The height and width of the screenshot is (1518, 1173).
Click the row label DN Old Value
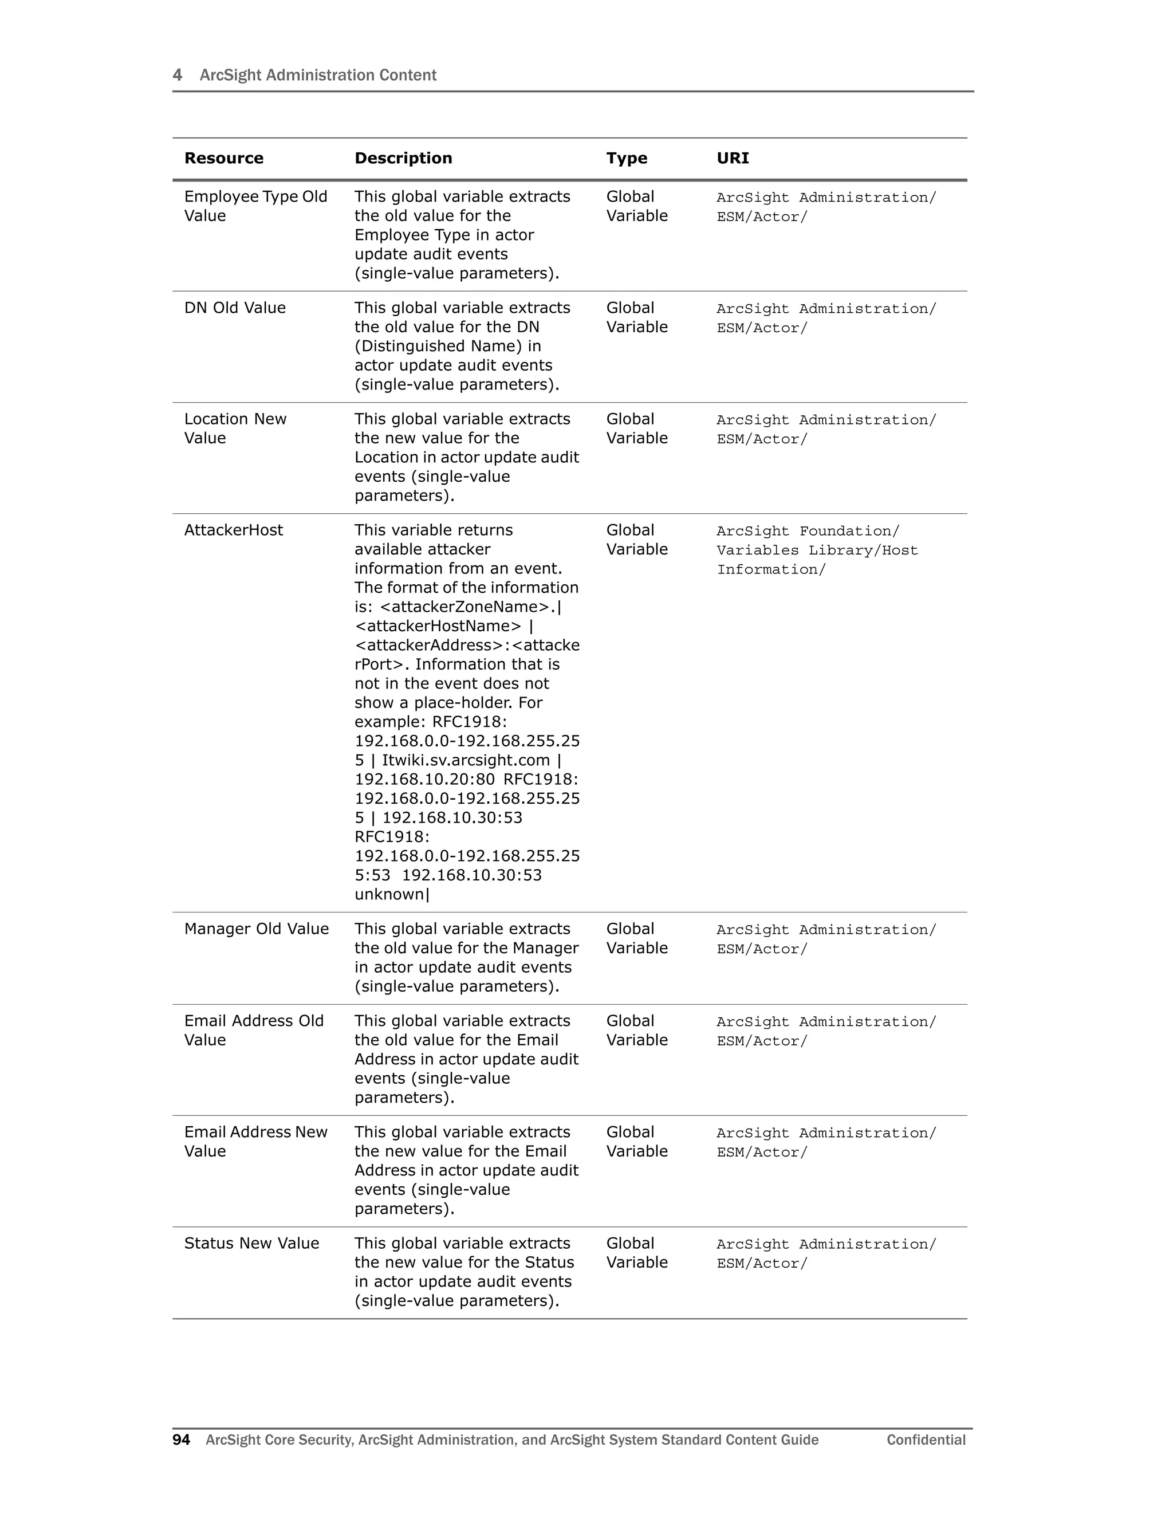coord(235,308)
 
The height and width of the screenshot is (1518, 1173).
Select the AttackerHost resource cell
coord(234,530)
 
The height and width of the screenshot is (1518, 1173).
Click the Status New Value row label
coord(251,1243)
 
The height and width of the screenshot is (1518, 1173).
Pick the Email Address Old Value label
coord(254,1030)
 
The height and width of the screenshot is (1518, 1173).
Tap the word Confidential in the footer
coord(926,1440)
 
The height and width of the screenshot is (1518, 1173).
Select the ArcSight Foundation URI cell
coord(817,550)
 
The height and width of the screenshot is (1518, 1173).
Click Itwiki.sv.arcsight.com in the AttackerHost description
coord(466,760)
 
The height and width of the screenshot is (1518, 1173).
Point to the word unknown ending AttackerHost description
coord(389,895)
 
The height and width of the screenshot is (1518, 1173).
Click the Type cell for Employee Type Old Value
coord(636,206)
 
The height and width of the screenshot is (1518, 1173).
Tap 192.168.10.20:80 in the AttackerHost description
coord(424,779)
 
